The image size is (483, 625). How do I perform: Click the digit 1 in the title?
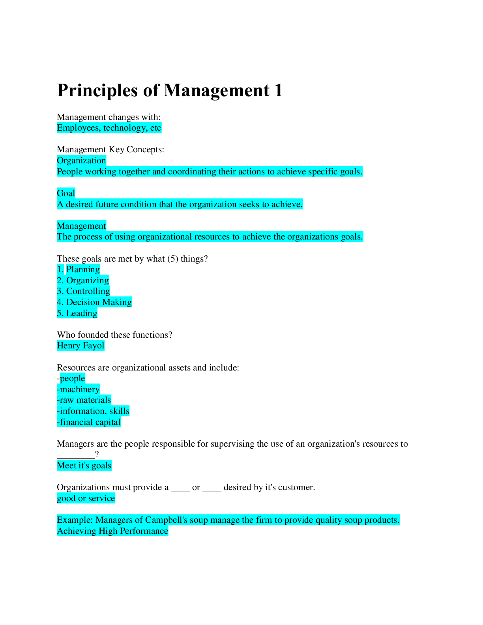tap(279, 90)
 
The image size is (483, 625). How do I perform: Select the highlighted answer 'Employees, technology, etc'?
tap(109, 128)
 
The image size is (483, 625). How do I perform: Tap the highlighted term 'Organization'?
tap(81, 161)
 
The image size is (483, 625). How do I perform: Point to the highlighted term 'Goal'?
tap(66, 193)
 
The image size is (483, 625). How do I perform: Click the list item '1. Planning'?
tap(78, 269)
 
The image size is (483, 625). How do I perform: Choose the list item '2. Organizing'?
tap(83, 281)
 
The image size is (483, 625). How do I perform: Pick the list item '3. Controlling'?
tap(83, 291)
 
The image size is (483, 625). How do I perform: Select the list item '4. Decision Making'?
tap(94, 302)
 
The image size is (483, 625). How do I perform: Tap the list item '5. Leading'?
tap(77, 313)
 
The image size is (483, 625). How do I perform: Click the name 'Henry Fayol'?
tap(80, 346)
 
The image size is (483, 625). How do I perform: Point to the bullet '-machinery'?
tap(78, 389)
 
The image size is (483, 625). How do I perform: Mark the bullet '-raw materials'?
tap(84, 400)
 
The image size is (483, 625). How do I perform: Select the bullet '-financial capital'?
tap(89, 422)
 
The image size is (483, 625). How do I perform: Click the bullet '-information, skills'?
tap(93, 411)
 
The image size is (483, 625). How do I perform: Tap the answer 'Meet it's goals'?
tap(84, 466)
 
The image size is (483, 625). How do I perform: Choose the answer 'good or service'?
tap(86, 498)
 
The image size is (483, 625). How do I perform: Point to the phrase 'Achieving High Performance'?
tap(112, 531)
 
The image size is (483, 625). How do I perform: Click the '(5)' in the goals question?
tap(172, 259)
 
